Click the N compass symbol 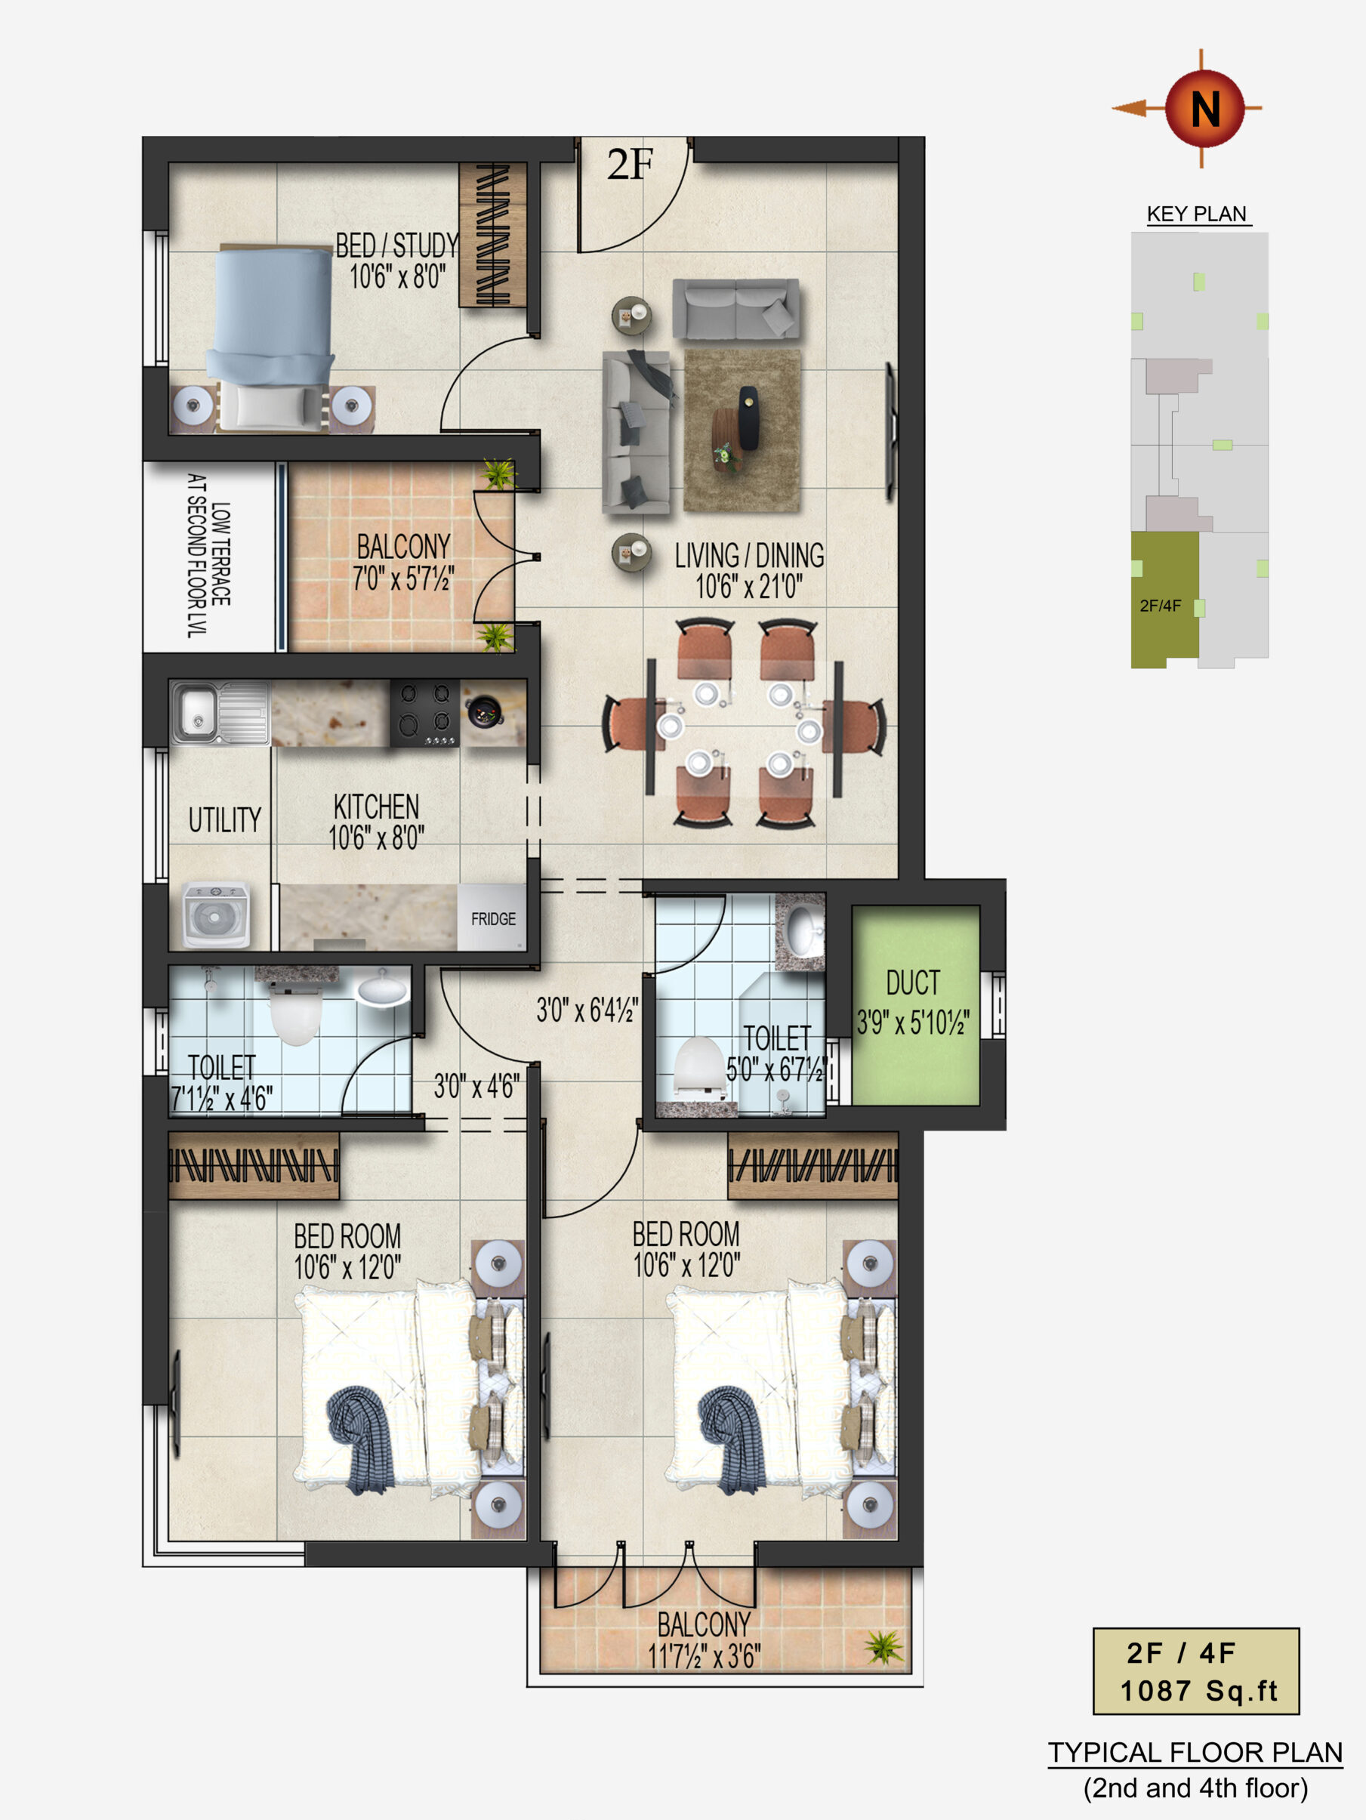coord(1204,108)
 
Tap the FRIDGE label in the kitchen coord(493,918)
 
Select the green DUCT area coord(915,1004)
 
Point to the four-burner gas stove coord(424,713)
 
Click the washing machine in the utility coord(214,916)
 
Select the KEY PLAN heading coord(1197,214)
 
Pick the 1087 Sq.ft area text coord(1198,1691)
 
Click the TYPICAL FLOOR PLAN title coord(1195,1753)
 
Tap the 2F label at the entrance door coord(631,165)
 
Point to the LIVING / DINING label coord(749,555)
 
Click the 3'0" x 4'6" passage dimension coord(476,1086)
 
